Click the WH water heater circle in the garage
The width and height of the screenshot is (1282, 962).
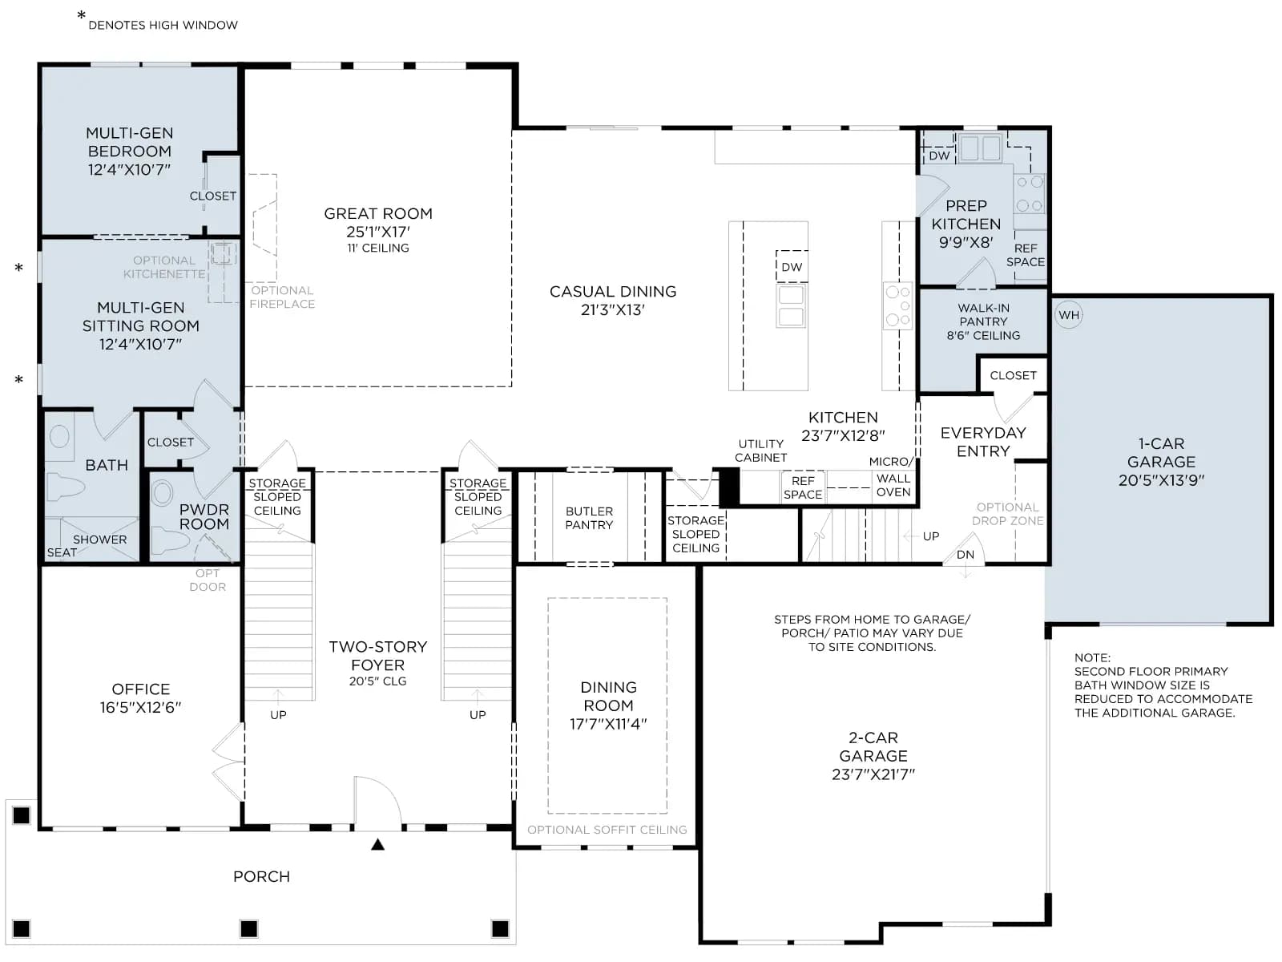(1068, 315)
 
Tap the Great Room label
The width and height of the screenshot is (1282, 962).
(378, 214)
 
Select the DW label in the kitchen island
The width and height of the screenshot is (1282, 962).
(792, 267)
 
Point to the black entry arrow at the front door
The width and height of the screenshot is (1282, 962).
(378, 844)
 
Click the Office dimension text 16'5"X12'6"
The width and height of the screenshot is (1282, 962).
(141, 707)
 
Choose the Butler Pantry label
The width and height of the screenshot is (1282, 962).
(589, 518)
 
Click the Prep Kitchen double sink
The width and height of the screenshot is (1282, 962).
(981, 148)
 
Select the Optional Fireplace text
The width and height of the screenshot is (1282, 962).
(282, 297)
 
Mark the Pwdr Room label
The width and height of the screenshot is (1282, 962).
(204, 517)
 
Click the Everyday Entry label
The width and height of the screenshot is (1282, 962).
(983, 443)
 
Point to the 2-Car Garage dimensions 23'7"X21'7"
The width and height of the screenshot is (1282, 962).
(873, 774)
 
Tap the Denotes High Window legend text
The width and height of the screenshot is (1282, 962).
(163, 25)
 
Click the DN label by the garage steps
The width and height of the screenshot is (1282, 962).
(965, 555)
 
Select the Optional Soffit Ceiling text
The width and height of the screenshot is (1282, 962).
(607, 830)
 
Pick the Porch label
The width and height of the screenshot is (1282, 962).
(261, 877)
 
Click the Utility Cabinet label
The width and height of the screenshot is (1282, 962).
(760, 451)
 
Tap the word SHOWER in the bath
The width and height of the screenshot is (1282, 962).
(100, 540)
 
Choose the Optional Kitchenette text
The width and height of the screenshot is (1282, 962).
(163, 268)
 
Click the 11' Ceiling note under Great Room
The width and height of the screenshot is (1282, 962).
(378, 249)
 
